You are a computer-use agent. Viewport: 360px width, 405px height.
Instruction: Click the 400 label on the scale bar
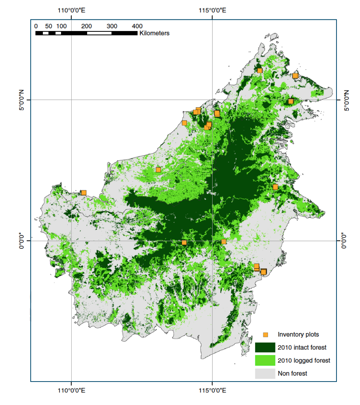137,26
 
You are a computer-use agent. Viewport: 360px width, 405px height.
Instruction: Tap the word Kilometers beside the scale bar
154,33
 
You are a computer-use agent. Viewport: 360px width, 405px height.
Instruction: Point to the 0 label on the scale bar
36,26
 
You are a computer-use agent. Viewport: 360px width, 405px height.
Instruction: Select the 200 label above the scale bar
87,26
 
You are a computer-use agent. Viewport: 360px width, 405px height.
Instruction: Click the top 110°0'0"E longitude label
72,11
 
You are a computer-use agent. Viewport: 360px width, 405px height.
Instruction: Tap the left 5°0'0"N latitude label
21,100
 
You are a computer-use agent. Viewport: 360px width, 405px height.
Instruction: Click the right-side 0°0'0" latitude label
344,240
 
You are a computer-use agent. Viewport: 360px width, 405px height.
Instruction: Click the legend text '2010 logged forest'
304,360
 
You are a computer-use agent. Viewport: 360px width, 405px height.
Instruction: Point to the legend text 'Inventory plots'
298,335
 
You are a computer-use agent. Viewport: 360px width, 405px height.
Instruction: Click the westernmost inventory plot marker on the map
84,193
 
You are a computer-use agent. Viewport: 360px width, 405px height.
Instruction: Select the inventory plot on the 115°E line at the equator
224,241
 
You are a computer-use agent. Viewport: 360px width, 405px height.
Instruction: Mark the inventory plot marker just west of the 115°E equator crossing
184,243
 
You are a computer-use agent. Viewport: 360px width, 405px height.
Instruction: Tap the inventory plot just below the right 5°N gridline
291,101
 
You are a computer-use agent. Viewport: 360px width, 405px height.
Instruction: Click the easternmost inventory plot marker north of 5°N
295,76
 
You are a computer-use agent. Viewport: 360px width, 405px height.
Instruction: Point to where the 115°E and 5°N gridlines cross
212,100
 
